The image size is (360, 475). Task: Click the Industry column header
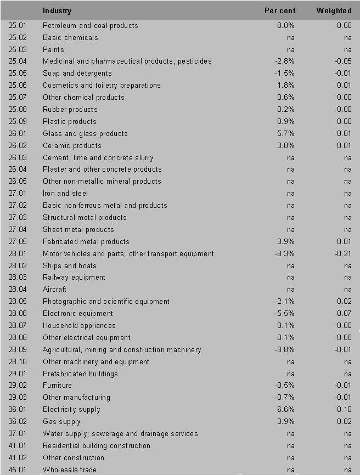pyautogui.click(x=57, y=11)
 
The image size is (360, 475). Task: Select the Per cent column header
pyautogui.click(x=280, y=11)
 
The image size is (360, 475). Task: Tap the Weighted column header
pyautogui.click(x=334, y=11)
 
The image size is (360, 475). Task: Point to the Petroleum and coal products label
pyautogui.click(x=91, y=26)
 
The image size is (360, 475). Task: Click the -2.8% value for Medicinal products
pyautogui.click(x=285, y=61)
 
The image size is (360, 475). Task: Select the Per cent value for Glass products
pyautogui.click(x=286, y=134)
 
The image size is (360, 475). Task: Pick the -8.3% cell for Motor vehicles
pyautogui.click(x=285, y=254)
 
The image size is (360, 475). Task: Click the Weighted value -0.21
pyautogui.click(x=343, y=254)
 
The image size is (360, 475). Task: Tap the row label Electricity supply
pyautogui.click(x=71, y=410)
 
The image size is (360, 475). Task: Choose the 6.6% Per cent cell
pyautogui.click(x=286, y=410)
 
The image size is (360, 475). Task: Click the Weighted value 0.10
pyautogui.click(x=344, y=410)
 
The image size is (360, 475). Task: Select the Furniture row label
pyautogui.click(x=57, y=386)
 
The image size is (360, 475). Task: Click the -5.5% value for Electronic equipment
pyautogui.click(x=285, y=314)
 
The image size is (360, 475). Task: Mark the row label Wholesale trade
pyautogui.click(x=70, y=470)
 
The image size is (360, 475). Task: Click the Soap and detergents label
pyautogui.click(x=77, y=73)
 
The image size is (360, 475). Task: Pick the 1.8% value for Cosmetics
pyautogui.click(x=286, y=86)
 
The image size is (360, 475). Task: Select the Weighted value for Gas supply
pyautogui.click(x=344, y=422)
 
